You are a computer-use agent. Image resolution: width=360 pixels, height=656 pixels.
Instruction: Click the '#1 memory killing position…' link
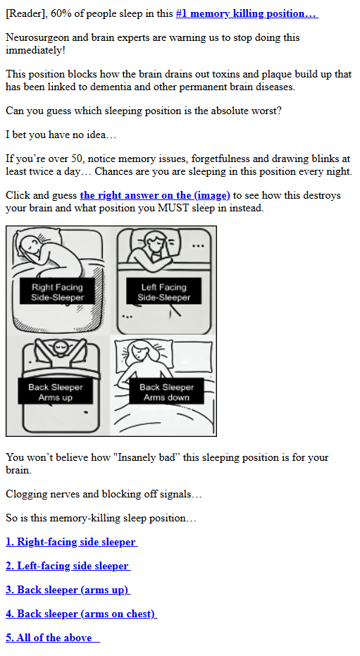pos(247,13)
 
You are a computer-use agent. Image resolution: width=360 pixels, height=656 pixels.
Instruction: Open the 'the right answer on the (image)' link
pos(155,195)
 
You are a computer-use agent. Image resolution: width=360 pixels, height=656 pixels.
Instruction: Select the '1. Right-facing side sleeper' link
pos(71,542)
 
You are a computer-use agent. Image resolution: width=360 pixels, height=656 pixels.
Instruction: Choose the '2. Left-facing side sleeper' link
pos(68,566)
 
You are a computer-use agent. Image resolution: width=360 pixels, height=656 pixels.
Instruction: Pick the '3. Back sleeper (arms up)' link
pos(68,590)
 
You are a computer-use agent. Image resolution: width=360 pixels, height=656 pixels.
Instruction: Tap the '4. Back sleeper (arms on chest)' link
pos(82,614)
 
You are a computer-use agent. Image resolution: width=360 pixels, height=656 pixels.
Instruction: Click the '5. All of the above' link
pos(53,638)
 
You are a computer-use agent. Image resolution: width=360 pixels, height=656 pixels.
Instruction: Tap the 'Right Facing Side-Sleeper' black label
pos(57,292)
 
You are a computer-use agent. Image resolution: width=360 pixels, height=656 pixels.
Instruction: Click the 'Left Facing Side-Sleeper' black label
pos(163,292)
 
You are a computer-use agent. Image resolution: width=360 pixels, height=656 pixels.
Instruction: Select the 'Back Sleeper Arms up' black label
pos(56,392)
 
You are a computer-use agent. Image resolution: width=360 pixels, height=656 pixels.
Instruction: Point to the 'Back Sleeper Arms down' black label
pos(166,392)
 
